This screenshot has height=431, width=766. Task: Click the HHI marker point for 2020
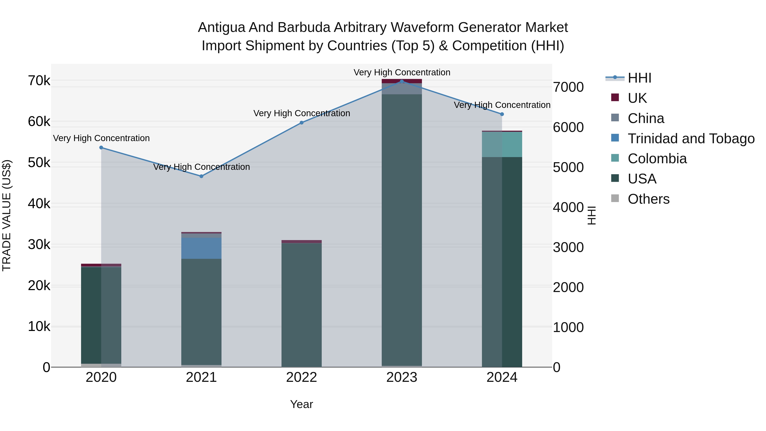(101, 147)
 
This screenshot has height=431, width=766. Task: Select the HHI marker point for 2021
(201, 176)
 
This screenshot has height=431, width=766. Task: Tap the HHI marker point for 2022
(302, 123)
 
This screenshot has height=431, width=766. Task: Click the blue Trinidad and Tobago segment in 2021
(201, 248)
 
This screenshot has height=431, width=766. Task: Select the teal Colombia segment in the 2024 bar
(502, 145)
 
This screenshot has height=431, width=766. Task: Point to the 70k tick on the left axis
(39, 81)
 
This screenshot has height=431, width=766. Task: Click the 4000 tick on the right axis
(568, 207)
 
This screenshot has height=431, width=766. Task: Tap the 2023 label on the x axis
(402, 377)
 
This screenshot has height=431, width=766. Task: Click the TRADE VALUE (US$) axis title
(7, 215)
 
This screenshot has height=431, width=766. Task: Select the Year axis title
(302, 404)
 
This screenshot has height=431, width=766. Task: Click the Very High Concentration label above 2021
(201, 167)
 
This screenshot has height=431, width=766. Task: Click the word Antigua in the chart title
(221, 28)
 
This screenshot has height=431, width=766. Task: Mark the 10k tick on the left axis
(39, 326)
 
